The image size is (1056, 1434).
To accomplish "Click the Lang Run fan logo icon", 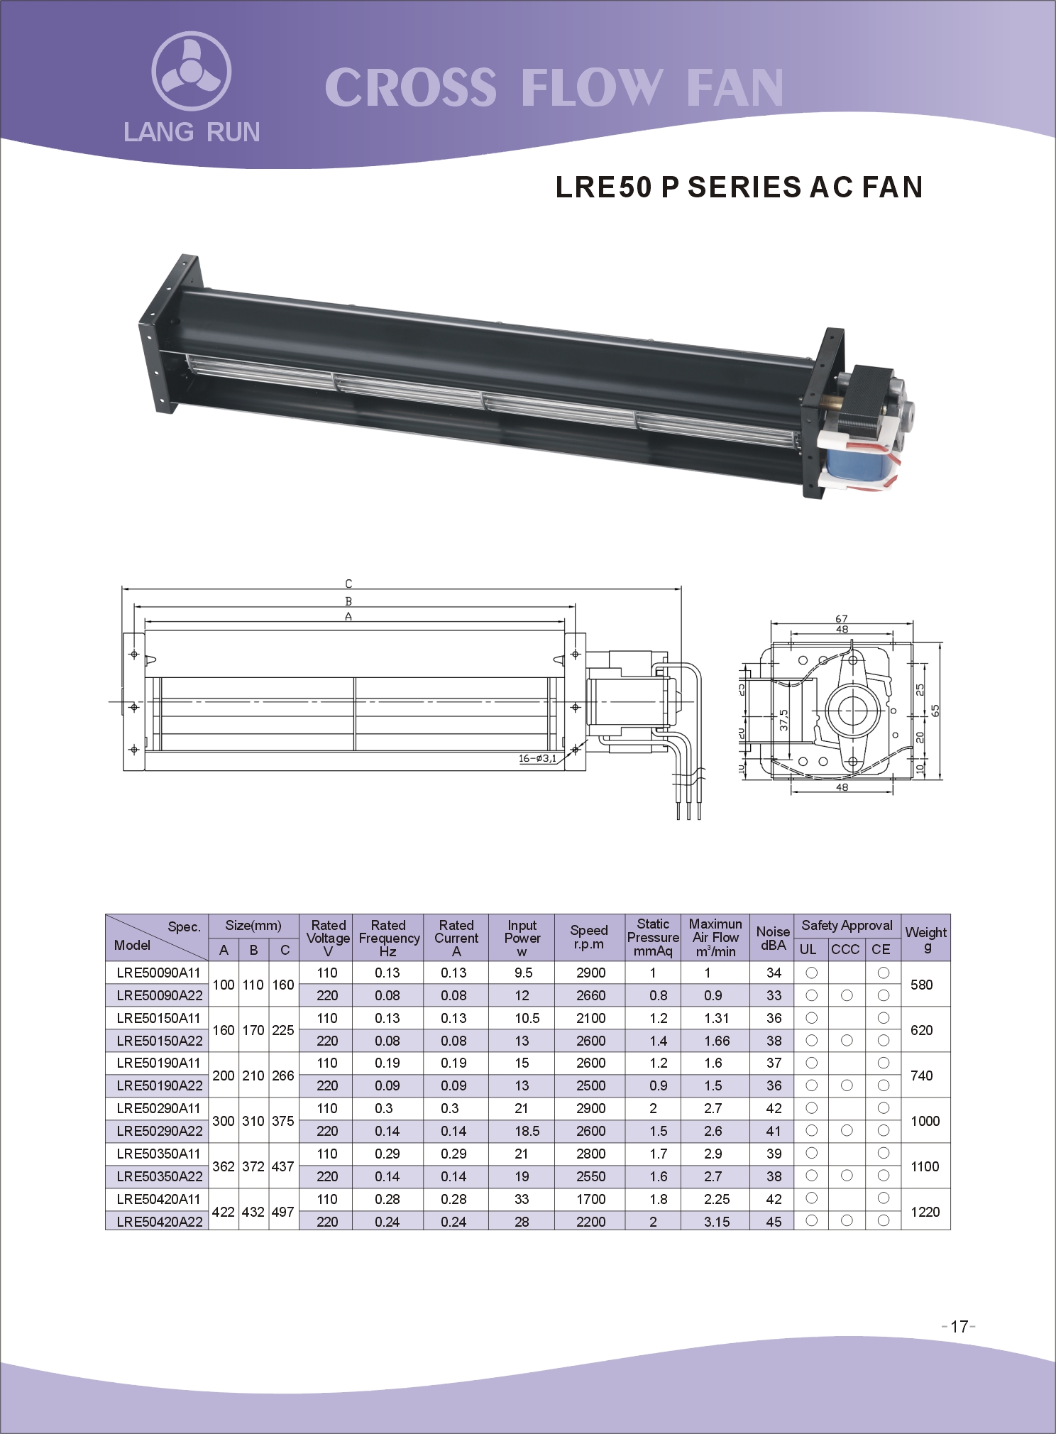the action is tap(191, 71).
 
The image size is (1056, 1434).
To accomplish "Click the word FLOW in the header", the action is tap(591, 88).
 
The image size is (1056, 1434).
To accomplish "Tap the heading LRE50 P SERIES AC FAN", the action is tap(739, 187).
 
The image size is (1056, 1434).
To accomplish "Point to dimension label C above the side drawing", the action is tap(348, 584).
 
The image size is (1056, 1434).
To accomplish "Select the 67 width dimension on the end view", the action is tap(842, 618).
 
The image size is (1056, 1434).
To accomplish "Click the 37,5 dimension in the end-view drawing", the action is tap(783, 719).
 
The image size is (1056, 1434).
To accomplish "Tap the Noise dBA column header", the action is tap(773, 938).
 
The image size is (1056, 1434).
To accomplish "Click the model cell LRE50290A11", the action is tap(158, 1108).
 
